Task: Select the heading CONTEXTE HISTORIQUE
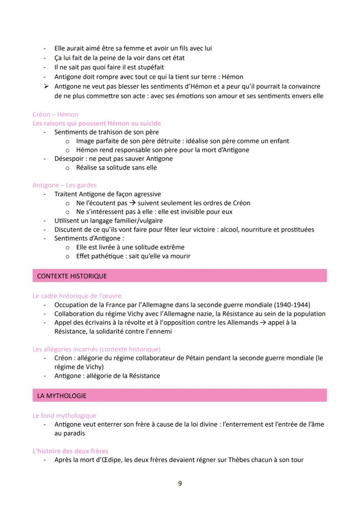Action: [x=72, y=276]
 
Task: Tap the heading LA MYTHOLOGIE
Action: [x=62, y=396]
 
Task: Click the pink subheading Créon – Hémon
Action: [x=55, y=114]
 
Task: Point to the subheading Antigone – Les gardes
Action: [x=64, y=185]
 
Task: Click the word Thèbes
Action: [x=236, y=459]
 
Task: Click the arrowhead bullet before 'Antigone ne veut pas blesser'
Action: [x=45, y=86]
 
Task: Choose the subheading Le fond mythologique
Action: [x=64, y=416]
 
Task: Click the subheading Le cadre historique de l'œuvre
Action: [x=77, y=296]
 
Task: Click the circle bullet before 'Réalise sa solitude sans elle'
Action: [x=67, y=167]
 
